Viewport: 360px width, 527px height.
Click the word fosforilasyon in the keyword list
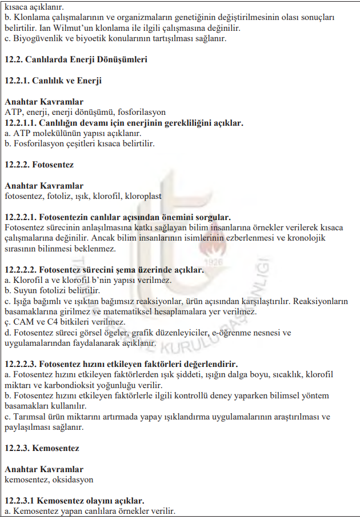tap(141, 112)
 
